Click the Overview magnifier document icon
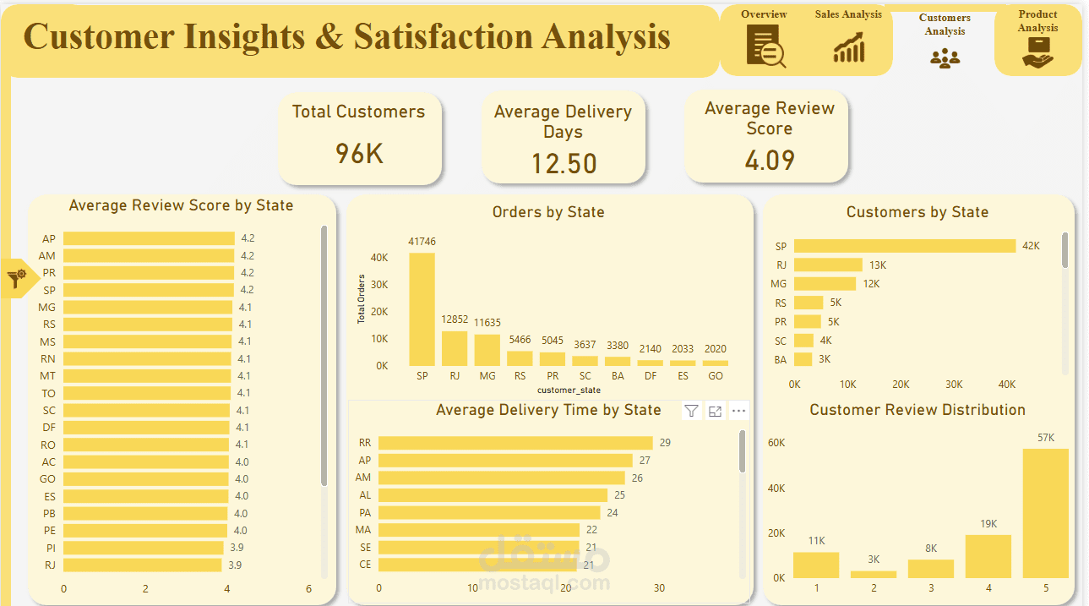point(765,46)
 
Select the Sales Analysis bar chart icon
point(849,47)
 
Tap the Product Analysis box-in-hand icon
point(1037,52)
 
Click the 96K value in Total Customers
point(359,154)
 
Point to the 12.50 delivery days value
point(564,163)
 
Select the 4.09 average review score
point(770,160)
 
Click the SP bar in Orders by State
point(422,309)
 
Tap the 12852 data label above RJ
point(455,319)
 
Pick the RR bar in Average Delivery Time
point(516,443)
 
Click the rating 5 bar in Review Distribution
point(1046,513)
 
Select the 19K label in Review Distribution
point(988,524)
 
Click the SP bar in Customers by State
point(905,246)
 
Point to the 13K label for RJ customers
point(878,265)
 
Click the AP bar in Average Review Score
point(149,238)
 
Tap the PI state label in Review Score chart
point(51,549)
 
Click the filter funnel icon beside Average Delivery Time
point(691,411)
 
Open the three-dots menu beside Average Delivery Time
point(738,411)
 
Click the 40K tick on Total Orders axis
point(379,257)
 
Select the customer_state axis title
point(569,390)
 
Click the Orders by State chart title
point(548,212)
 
